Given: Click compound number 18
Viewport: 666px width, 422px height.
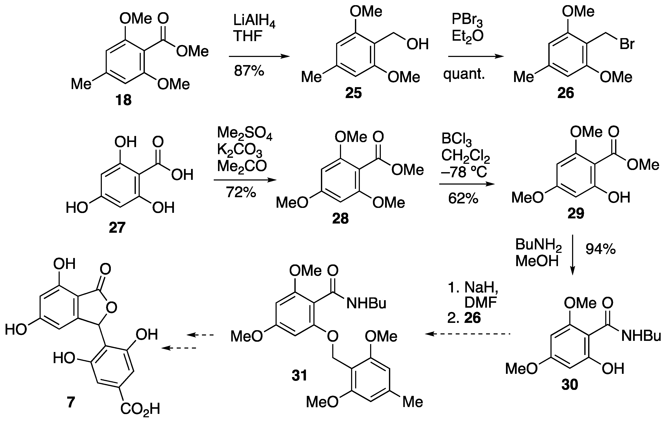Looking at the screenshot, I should pos(123,100).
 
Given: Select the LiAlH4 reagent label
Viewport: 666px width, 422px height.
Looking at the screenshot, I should pos(254,21).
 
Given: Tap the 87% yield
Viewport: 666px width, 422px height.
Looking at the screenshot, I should pos(249,71).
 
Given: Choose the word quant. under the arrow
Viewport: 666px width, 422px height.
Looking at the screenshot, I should pos(464,74).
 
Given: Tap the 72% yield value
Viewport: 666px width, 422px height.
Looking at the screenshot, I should pos(241,192).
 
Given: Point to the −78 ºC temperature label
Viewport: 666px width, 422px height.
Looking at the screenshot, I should pos(464,172).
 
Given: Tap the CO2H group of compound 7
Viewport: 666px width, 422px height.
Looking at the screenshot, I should pos(140,409).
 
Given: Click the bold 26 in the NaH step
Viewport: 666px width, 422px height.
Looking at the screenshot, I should pos(472,318).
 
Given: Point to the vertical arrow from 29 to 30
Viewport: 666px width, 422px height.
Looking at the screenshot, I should pos(572,255).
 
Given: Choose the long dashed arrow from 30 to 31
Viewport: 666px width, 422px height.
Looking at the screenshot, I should pos(467,334).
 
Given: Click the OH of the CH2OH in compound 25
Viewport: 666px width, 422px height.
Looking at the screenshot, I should pos(417,44).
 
